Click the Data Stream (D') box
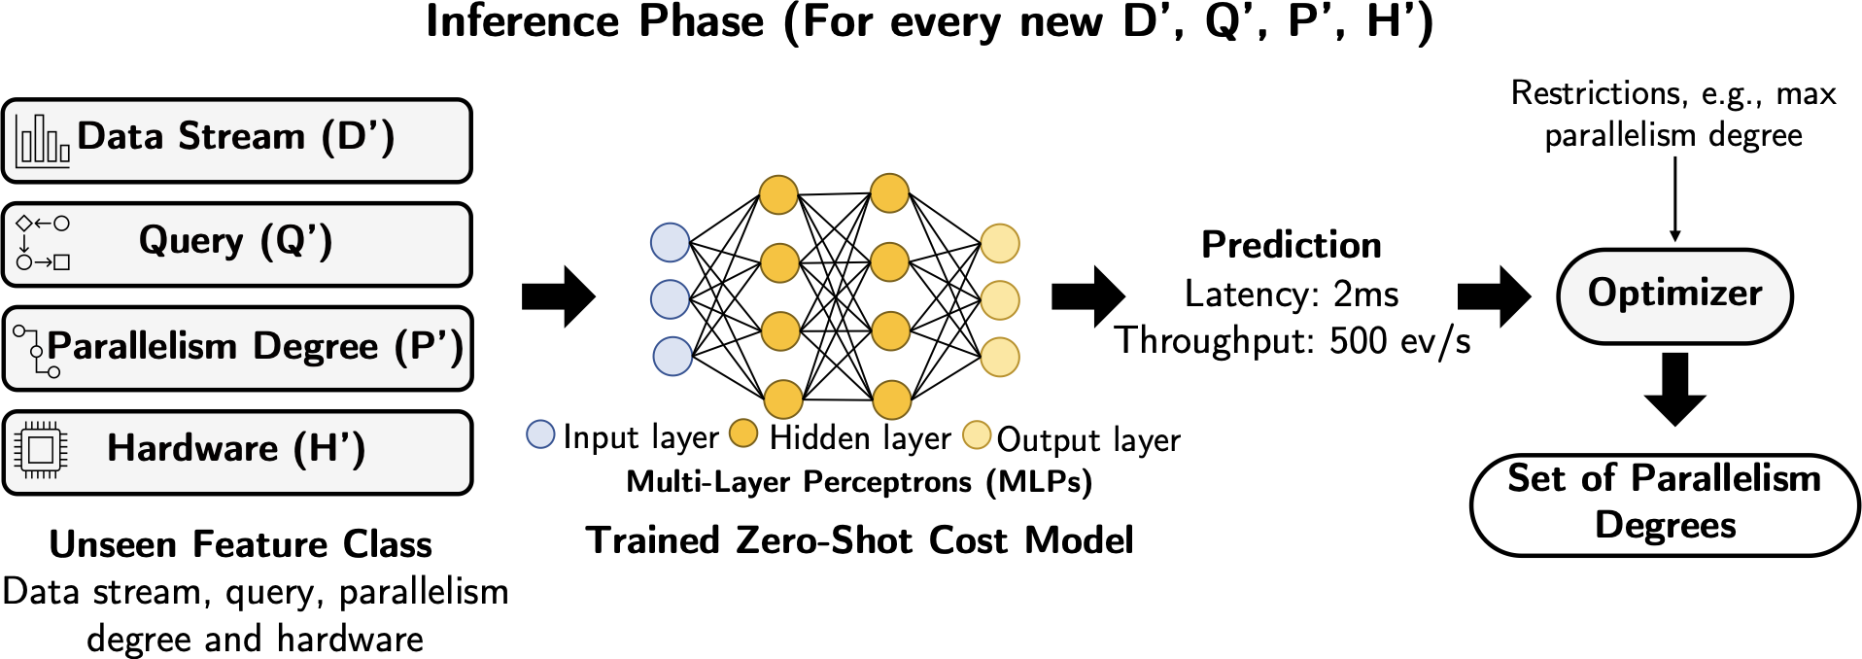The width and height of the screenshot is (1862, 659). click(237, 140)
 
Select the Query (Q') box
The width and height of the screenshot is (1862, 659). click(237, 244)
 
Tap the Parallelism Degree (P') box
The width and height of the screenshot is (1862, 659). click(237, 348)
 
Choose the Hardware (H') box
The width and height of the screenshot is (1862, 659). click(237, 452)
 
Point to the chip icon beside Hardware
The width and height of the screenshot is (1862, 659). click(41, 450)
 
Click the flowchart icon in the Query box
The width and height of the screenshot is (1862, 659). click(43, 243)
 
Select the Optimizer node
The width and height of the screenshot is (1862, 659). click(1674, 295)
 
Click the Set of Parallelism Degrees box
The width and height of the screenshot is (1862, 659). click(1665, 504)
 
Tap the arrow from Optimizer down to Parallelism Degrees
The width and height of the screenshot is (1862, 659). click(1674, 389)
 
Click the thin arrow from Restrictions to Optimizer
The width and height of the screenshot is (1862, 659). click(1674, 199)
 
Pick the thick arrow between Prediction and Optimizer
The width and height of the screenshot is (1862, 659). click(1494, 295)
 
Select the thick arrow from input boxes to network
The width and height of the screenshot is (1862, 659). click(559, 295)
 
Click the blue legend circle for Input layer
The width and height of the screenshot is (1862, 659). click(540, 434)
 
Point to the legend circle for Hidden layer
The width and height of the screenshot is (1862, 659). click(743, 434)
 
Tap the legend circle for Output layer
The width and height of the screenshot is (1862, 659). click(977, 434)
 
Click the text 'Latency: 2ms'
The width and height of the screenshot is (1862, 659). click(1292, 294)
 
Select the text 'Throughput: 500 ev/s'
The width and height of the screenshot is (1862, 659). click(1293, 341)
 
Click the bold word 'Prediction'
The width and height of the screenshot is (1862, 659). click(1292, 245)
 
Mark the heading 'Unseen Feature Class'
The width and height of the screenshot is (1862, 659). click(241, 544)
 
